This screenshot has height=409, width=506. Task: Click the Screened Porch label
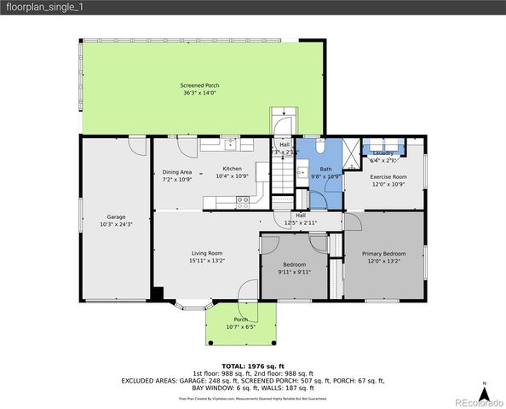pyautogui.click(x=199, y=86)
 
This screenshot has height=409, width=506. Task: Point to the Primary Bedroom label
pyautogui.click(x=383, y=254)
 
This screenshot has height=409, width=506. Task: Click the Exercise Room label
pyautogui.click(x=388, y=177)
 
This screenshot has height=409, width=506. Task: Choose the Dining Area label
pyautogui.click(x=177, y=172)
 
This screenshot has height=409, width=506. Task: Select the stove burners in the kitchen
pyautogui.click(x=243, y=202)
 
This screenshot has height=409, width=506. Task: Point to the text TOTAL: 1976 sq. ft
pyautogui.click(x=253, y=365)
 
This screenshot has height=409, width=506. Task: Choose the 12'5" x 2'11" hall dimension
pyautogui.click(x=301, y=222)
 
